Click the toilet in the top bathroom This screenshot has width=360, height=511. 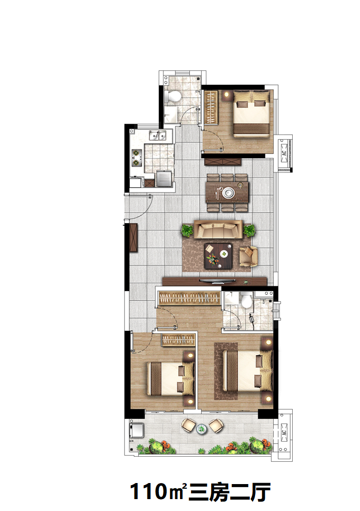pos(173,96)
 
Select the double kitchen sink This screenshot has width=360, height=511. pos(157,135)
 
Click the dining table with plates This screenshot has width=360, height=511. pos(227,193)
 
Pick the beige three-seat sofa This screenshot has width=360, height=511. pos(218,229)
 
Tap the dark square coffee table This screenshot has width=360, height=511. pos(218,256)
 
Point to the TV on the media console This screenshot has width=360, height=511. pos(218,280)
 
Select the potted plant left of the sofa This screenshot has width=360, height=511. pos(187,230)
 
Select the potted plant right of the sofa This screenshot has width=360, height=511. pos(249,230)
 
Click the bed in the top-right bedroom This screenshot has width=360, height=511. pos(251,114)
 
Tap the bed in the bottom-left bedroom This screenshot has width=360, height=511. pos(171,378)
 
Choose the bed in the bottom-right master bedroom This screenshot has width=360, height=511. pos(247,371)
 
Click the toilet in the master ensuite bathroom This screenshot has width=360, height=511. pos(246,300)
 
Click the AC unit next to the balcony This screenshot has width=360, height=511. pos(284,433)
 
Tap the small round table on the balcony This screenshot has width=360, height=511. pos(202,429)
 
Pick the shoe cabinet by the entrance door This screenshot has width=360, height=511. pos(133,238)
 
